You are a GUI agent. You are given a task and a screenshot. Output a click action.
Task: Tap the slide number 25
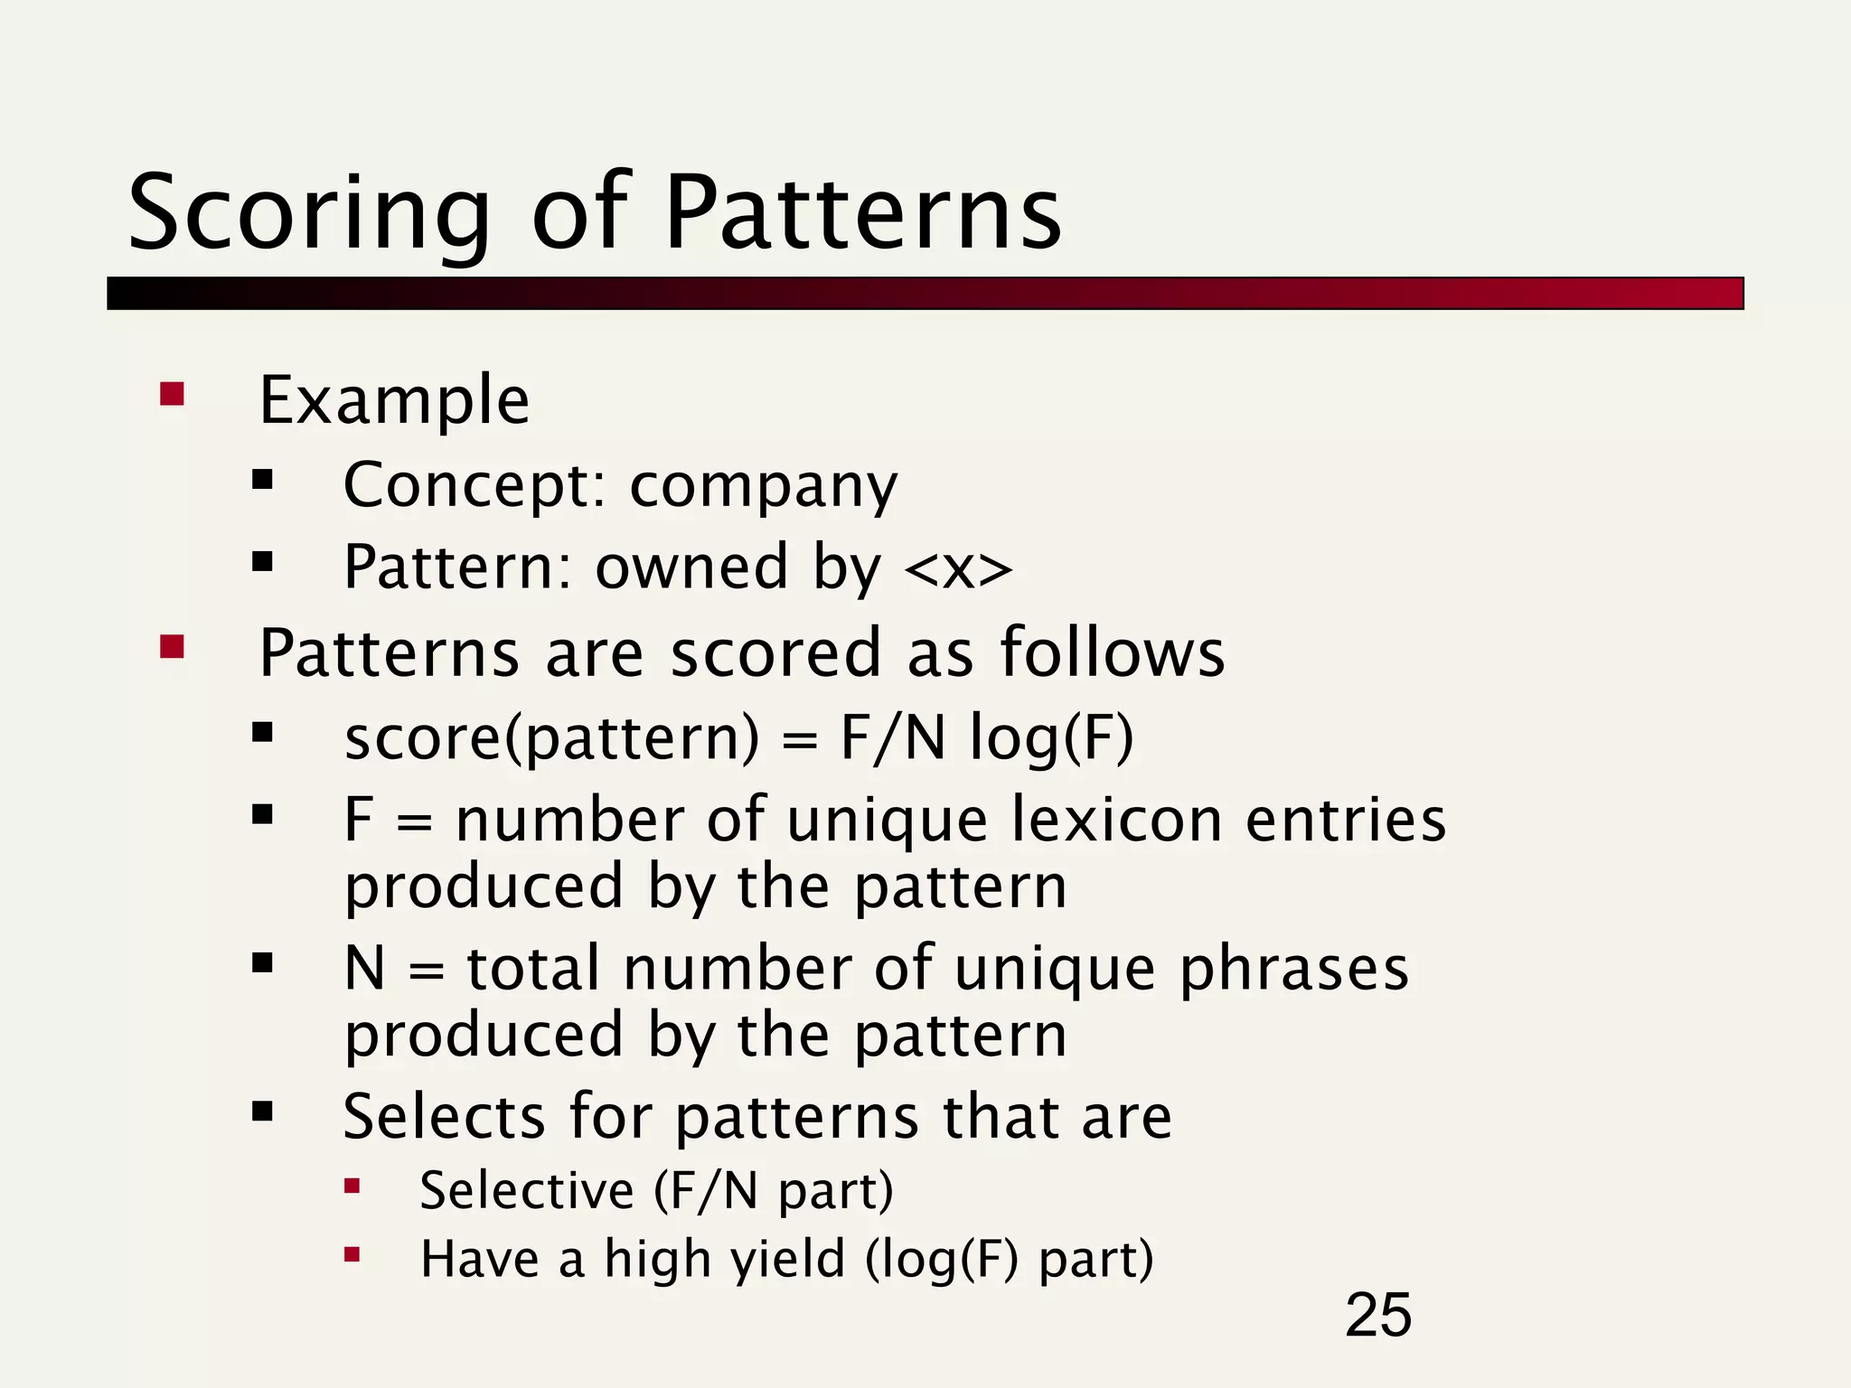point(1377,1316)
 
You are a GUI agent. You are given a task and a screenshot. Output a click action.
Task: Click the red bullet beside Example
point(172,395)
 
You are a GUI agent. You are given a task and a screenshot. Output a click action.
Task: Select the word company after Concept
point(764,487)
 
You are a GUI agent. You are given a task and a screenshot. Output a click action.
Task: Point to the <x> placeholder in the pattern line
point(958,569)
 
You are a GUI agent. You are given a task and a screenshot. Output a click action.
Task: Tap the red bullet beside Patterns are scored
point(172,647)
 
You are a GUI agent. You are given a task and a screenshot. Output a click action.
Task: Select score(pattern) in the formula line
point(552,738)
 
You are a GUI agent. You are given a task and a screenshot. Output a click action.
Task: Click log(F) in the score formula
point(1051,738)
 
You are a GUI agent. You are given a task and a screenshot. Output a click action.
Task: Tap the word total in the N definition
point(533,969)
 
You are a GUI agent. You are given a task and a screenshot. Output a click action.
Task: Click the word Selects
point(444,1117)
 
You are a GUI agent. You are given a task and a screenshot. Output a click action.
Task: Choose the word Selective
point(527,1190)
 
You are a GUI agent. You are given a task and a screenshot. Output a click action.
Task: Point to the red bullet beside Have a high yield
point(352,1254)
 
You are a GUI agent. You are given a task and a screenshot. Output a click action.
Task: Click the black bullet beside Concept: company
point(263,480)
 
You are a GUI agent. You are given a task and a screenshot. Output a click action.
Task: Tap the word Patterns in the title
point(863,215)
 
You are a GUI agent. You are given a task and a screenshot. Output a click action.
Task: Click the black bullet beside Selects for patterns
point(263,1111)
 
